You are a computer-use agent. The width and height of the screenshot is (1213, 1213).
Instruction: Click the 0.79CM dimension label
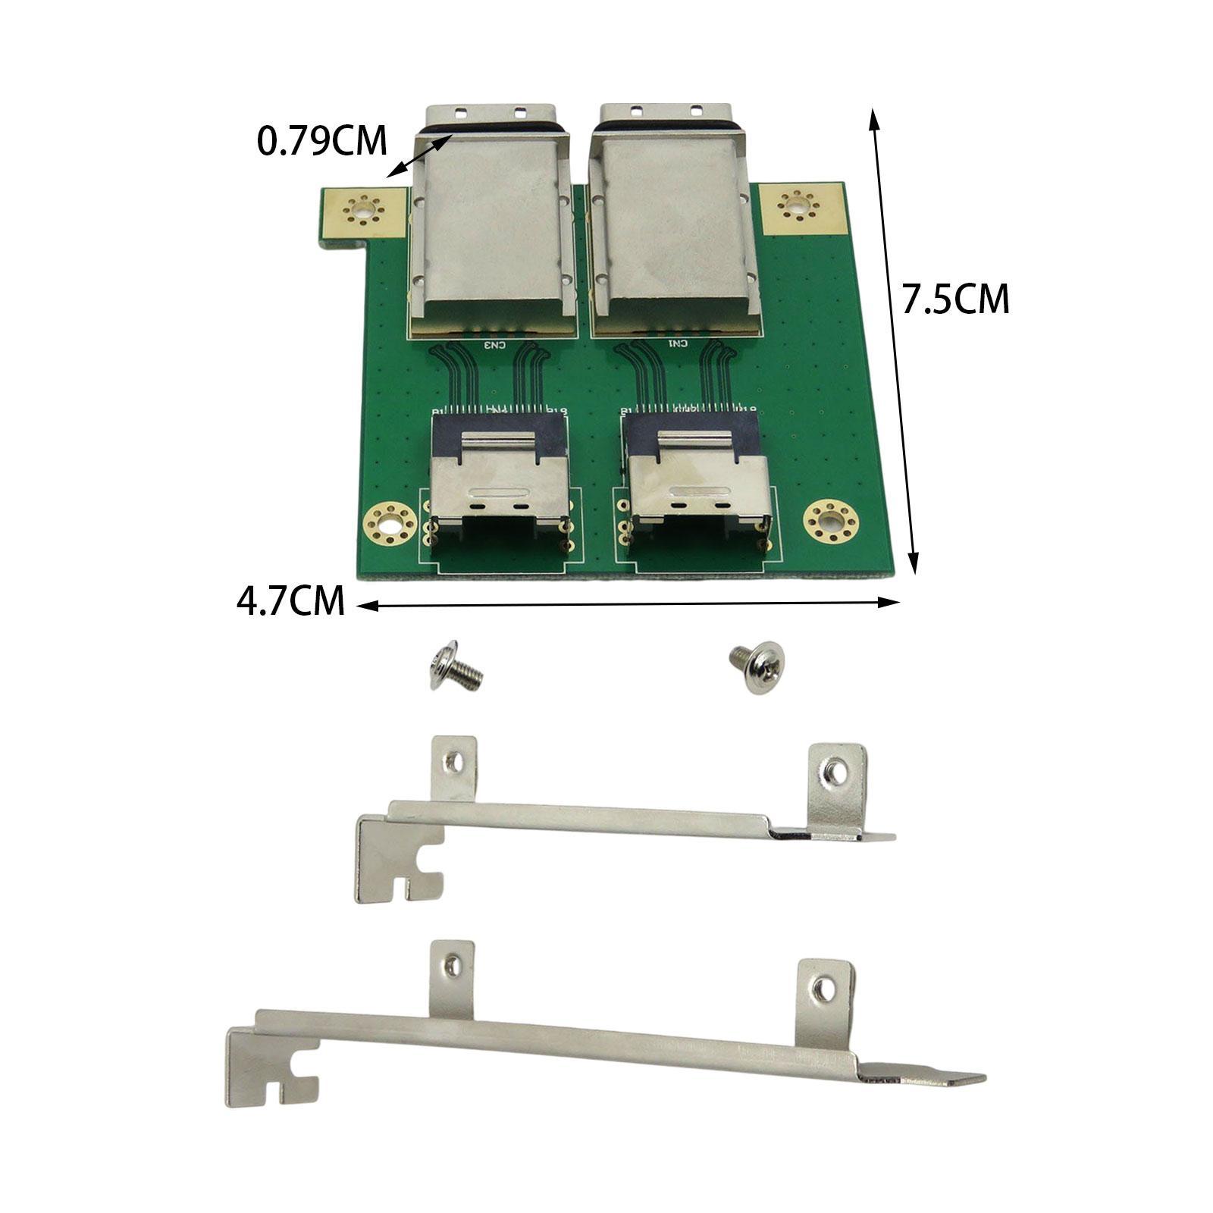(x=322, y=141)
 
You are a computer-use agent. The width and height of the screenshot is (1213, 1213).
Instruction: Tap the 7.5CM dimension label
(x=955, y=299)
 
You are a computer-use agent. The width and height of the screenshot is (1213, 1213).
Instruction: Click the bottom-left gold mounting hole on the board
(x=390, y=522)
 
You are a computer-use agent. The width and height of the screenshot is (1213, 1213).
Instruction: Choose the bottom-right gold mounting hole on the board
(x=831, y=521)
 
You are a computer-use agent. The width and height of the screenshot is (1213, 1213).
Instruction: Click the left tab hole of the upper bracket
(x=453, y=763)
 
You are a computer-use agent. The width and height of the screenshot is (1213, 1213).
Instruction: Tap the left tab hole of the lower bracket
(x=452, y=964)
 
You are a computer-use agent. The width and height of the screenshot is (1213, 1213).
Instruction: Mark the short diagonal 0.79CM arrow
(x=420, y=156)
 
